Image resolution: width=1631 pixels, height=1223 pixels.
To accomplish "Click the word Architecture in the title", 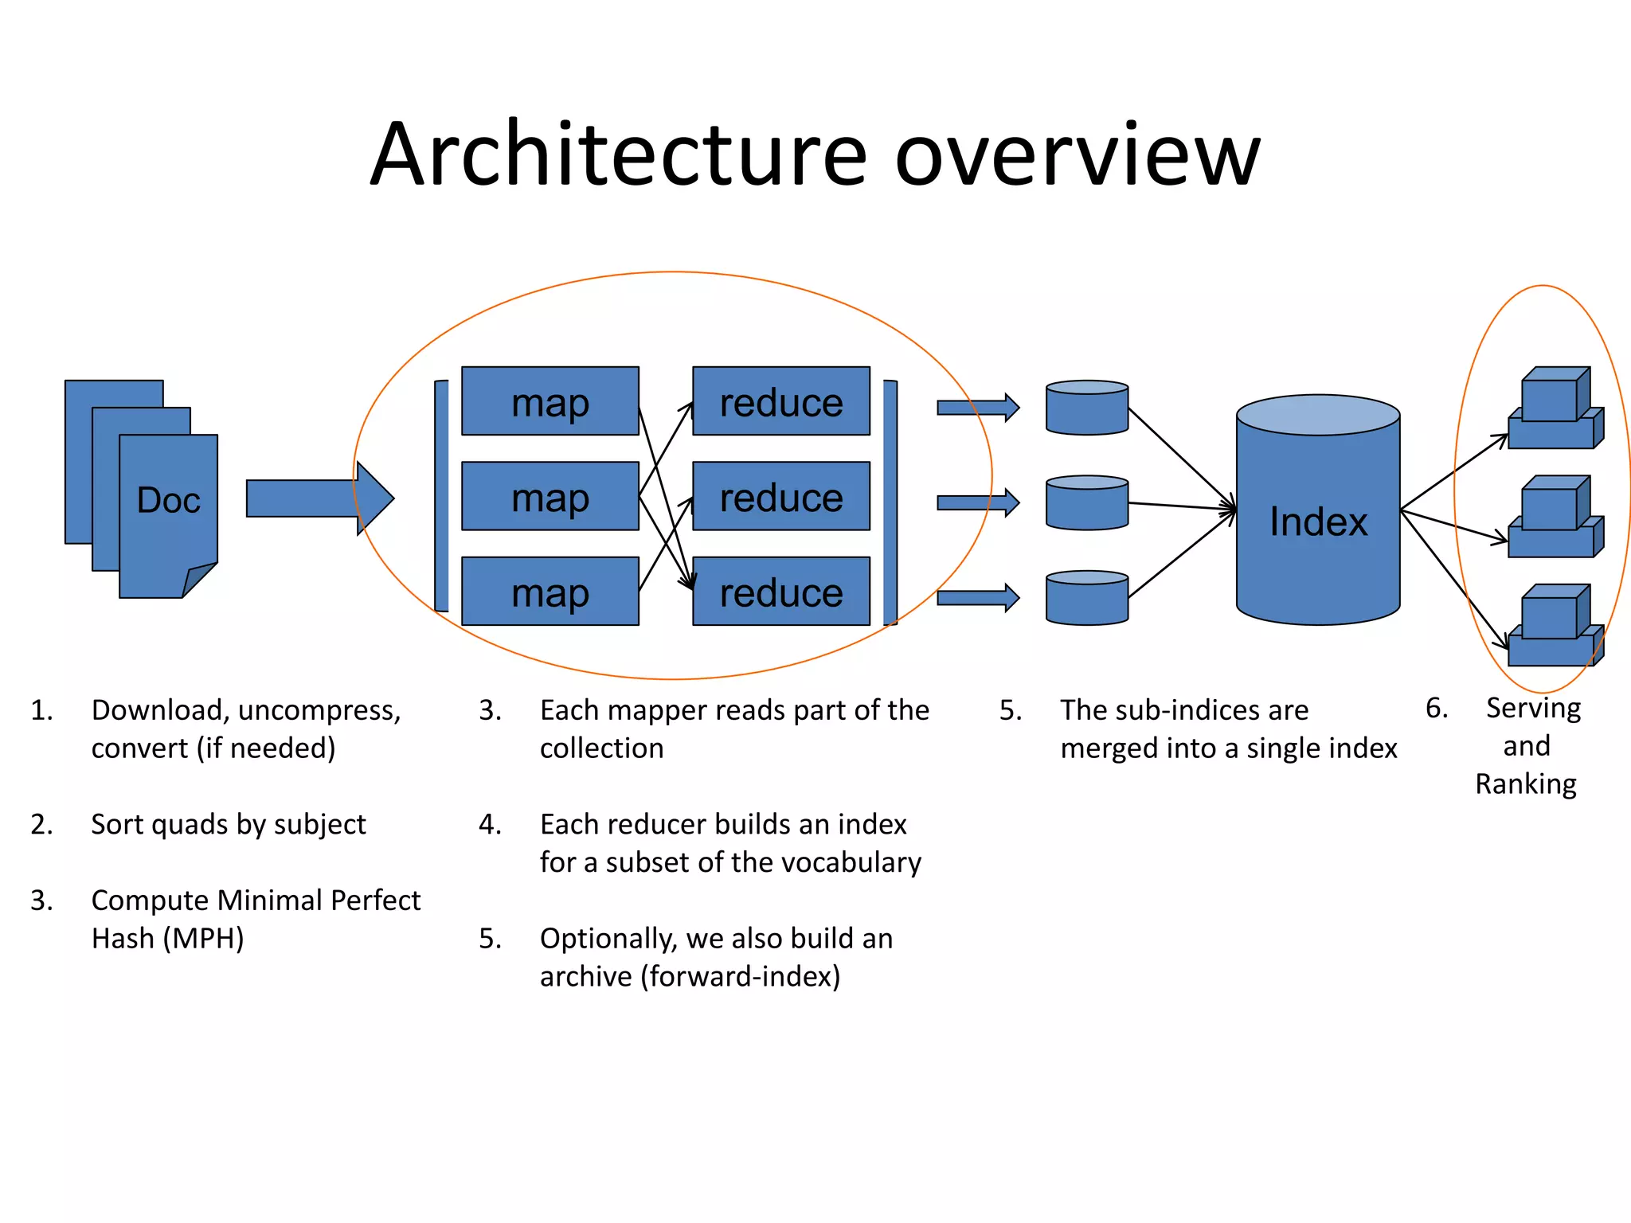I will click(618, 155).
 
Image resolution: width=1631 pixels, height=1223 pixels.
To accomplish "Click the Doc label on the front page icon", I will click(168, 501).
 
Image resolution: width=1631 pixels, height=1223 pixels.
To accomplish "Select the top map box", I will click(550, 401).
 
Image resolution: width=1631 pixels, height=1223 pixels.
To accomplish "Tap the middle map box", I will click(550, 497).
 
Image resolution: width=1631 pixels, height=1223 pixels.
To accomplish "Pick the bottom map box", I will click(550, 592).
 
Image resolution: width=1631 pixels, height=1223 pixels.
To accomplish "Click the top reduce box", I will click(780, 401).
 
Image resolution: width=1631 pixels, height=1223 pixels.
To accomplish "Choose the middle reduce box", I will click(780, 497).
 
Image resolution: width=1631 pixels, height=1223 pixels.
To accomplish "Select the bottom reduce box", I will click(780, 592).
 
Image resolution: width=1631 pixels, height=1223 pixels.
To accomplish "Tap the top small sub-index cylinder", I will click(1087, 408).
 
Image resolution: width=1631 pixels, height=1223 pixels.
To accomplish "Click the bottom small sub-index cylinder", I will click(1087, 599).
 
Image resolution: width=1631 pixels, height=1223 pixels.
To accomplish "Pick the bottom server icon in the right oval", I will click(1555, 627).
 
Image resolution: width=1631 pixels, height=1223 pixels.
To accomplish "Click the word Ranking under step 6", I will click(1525, 784).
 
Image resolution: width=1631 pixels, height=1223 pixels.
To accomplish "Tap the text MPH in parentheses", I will click(203, 939).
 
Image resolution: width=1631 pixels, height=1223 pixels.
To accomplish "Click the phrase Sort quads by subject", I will click(229, 825).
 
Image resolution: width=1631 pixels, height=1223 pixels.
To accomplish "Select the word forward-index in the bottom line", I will click(741, 977).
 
